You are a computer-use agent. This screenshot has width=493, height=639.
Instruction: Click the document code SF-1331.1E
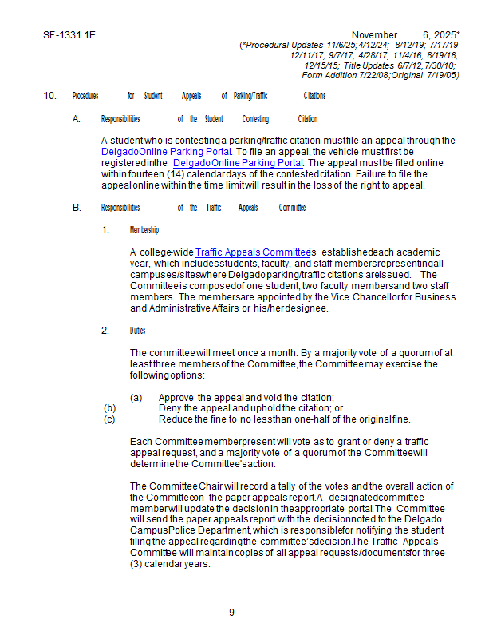65,35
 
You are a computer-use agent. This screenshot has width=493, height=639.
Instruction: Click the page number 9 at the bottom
231,613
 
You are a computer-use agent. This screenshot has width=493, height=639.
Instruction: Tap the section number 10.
49,96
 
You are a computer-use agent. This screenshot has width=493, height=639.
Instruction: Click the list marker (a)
136,397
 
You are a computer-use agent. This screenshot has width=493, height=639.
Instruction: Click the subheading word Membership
144,230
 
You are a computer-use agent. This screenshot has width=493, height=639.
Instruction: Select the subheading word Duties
137,331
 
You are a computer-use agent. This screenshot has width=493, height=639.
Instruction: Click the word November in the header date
374,35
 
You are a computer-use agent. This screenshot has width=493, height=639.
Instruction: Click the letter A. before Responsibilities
77,119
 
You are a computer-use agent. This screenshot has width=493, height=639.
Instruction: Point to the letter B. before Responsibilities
77,208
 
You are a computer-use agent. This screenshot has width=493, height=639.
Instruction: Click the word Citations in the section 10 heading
314,96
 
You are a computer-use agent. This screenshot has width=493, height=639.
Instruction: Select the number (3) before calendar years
136,564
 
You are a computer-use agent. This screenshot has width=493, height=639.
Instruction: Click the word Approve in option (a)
176,397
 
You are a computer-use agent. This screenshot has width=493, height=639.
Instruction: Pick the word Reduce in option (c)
175,419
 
